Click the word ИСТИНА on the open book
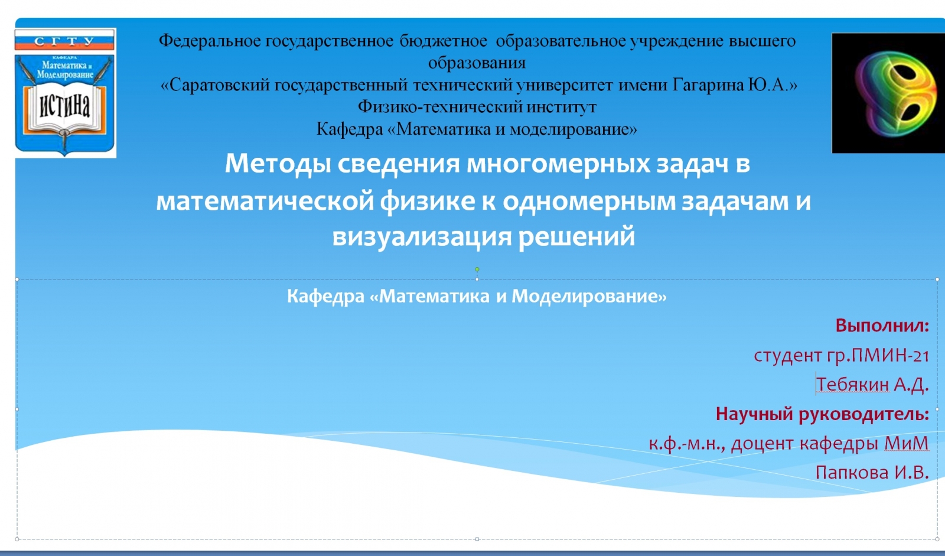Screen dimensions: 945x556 point(64,105)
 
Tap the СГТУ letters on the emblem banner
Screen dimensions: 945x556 point(64,41)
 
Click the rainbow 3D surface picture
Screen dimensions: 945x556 point(888,93)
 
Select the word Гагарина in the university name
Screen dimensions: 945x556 point(708,85)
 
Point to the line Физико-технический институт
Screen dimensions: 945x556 point(477,107)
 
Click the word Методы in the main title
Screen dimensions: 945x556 point(278,164)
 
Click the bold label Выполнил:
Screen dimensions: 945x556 point(882,326)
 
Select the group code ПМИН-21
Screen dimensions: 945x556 point(890,356)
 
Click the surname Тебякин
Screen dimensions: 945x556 point(852,384)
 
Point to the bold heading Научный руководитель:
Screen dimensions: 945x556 point(822,414)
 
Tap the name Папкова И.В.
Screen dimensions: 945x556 point(872,472)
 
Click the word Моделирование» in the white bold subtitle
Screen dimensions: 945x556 point(589,297)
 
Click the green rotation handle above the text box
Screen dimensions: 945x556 point(477,269)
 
